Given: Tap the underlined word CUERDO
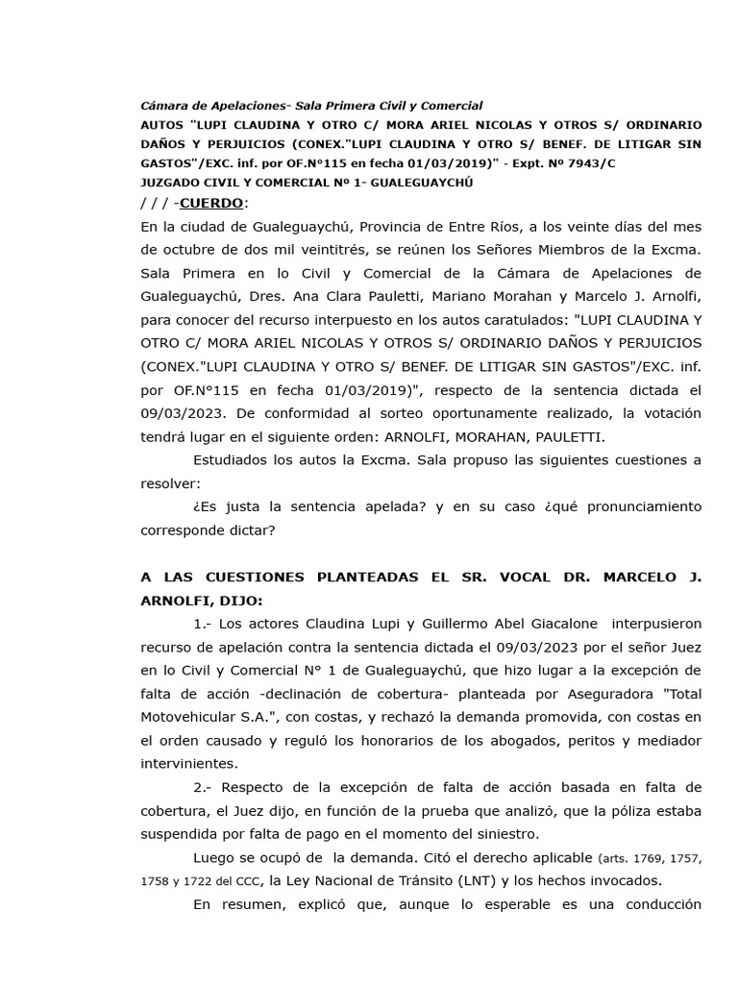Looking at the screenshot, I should [x=211, y=204].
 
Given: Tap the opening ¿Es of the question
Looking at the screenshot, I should [x=204, y=506].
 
